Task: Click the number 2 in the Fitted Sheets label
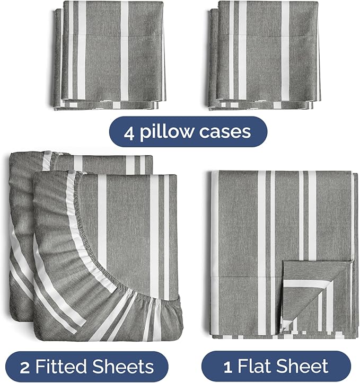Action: (x=25, y=367)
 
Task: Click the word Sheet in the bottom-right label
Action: (x=303, y=367)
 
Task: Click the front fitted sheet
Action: (x=122, y=254)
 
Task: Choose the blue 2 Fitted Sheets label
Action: (x=89, y=367)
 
